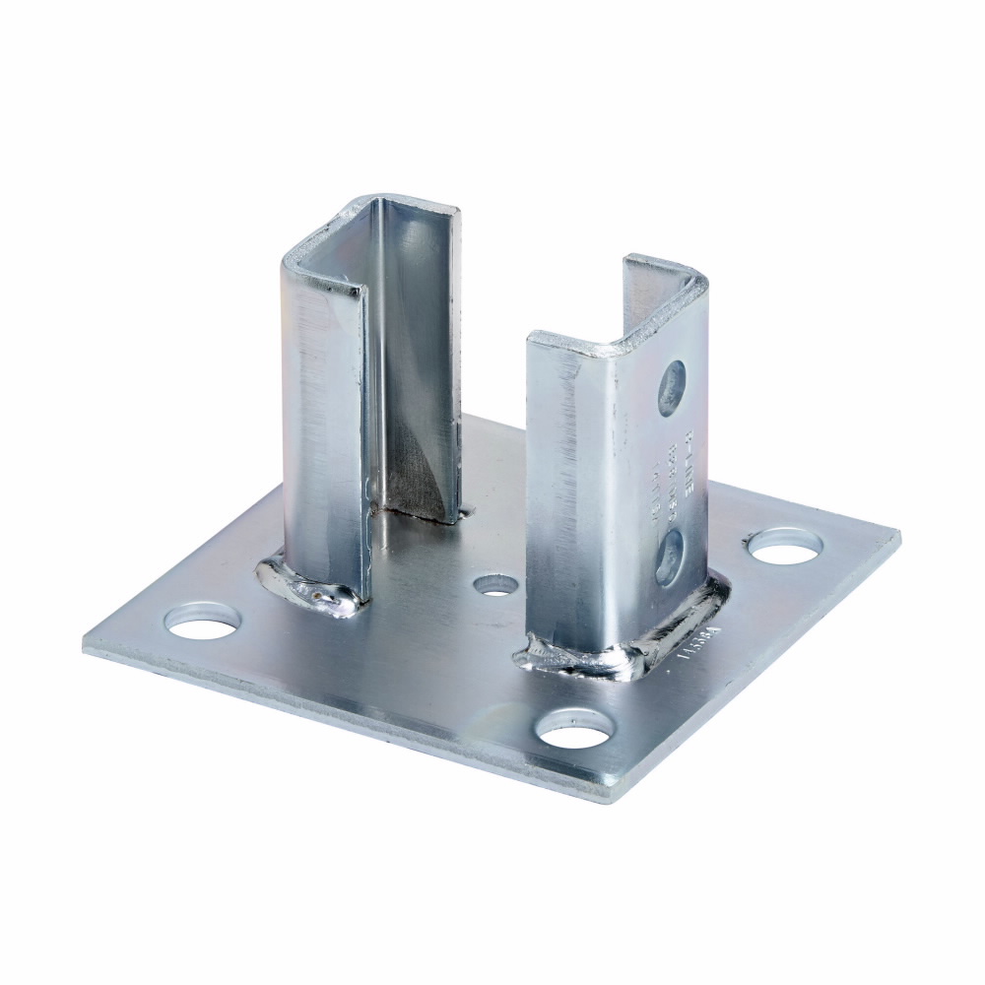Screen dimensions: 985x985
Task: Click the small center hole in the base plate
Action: pos(495,585)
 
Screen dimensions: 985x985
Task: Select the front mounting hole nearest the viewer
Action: pos(574,728)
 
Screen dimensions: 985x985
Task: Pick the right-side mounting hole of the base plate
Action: pos(785,545)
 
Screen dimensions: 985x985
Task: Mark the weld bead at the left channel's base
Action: pos(305,583)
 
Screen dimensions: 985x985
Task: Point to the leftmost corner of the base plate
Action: pos(87,645)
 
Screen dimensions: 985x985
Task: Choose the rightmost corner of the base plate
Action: pos(897,538)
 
